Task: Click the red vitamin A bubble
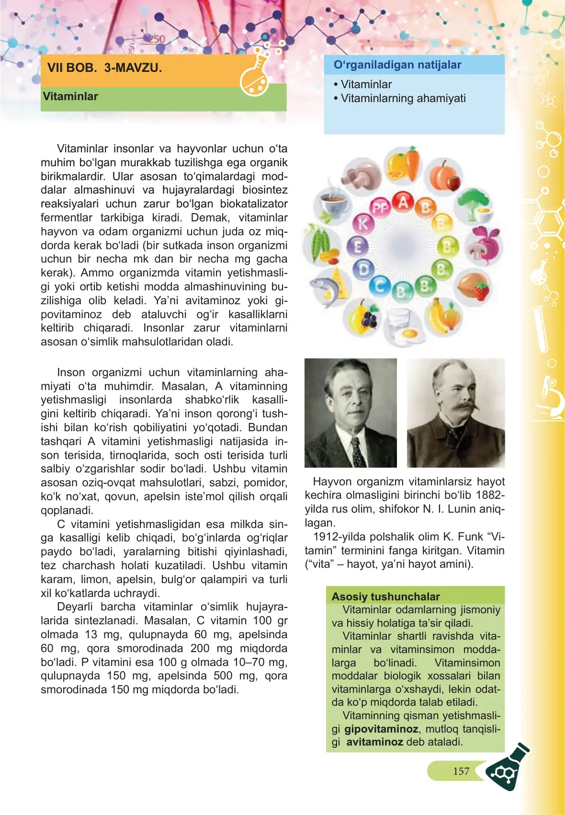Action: click(x=403, y=202)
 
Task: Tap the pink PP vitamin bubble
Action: click(x=381, y=208)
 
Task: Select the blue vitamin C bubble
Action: click(x=380, y=286)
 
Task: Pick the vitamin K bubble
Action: click(x=363, y=223)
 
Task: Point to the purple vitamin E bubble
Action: click(x=357, y=246)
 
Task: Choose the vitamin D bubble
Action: click(x=363, y=269)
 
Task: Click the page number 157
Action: click(x=461, y=771)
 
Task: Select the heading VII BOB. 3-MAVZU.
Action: click(x=104, y=68)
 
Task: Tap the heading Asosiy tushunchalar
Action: click(x=385, y=597)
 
